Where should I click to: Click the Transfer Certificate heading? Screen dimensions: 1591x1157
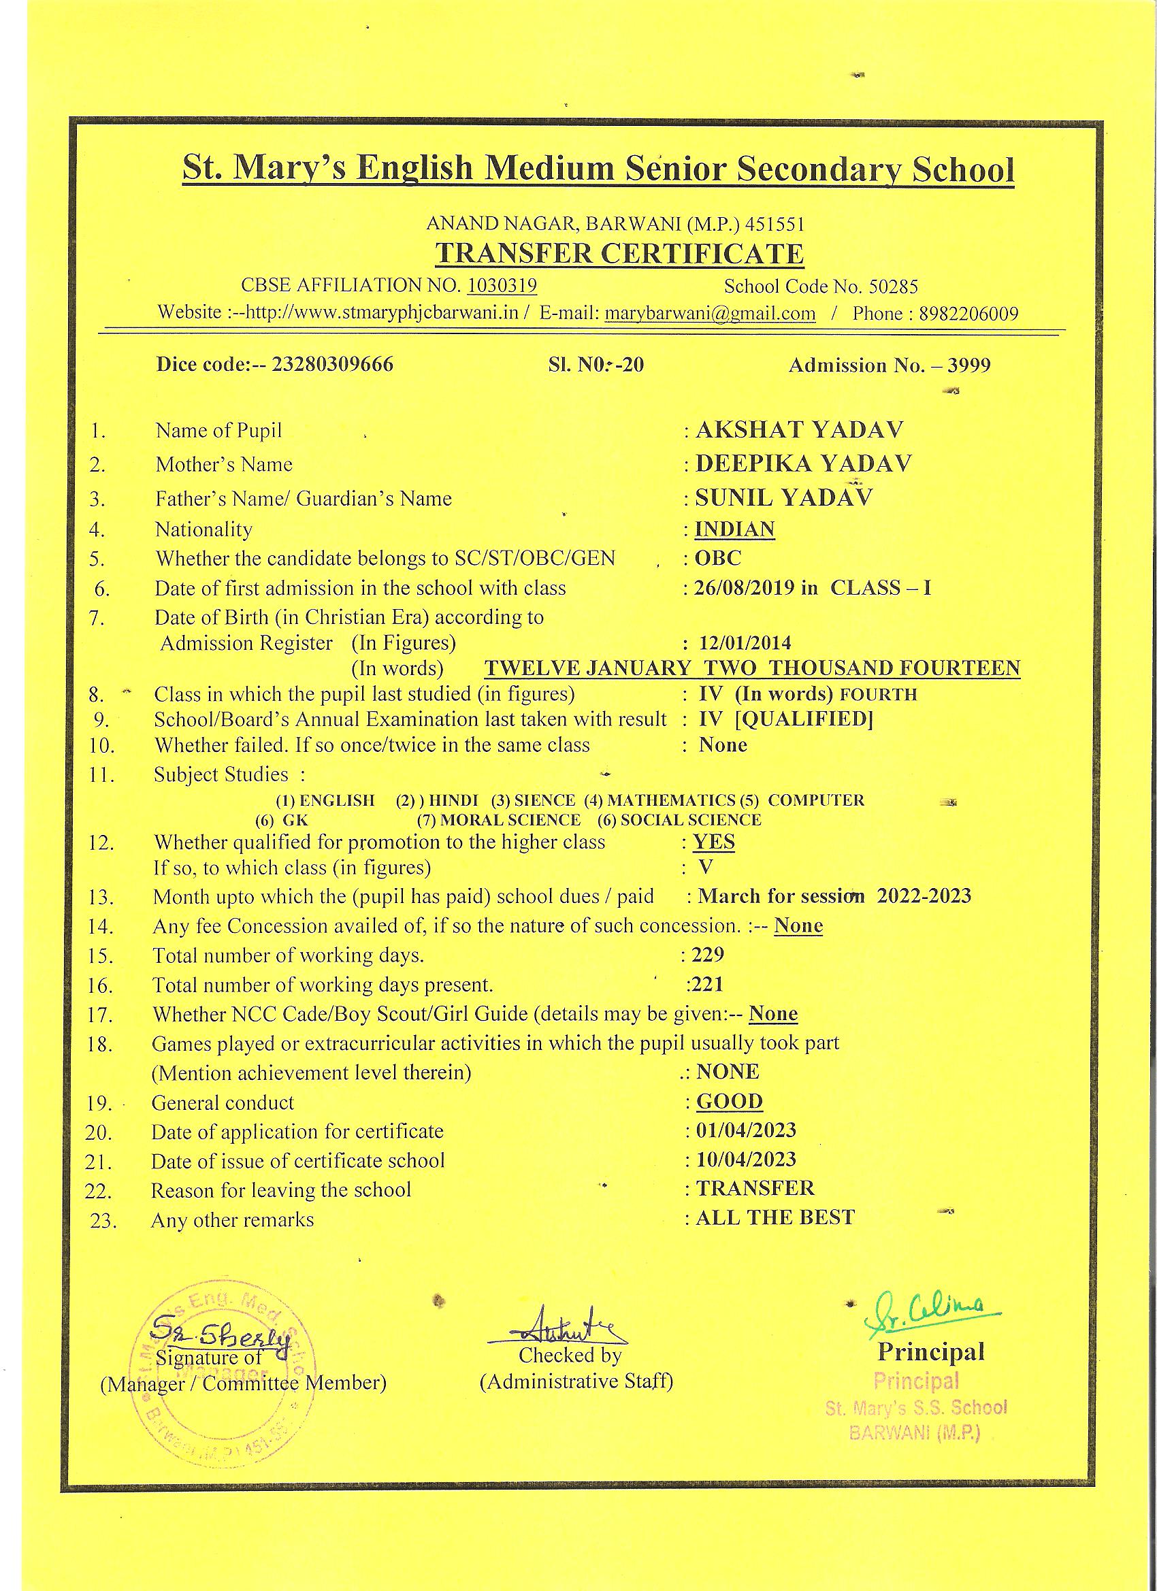coord(619,253)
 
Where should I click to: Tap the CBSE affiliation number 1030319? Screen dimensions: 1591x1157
coord(502,286)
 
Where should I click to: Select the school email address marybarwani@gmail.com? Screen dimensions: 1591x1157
coord(710,313)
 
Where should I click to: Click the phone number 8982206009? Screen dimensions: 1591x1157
coord(969,314)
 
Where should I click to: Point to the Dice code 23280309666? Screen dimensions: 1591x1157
coord(333,365)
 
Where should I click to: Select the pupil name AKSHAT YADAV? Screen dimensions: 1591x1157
coord(799,429)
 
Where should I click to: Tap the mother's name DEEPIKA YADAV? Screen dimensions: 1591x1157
coord(803,463)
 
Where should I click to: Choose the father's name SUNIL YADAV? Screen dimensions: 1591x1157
coord(784,497)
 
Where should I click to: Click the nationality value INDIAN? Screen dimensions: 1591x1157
coord(734,528)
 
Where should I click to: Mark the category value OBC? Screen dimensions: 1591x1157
coord(718,559)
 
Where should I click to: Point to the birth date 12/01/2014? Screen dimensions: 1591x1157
coord(745,642)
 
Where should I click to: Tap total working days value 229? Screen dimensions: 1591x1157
coord(707,955)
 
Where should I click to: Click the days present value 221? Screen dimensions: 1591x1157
coord(707,984)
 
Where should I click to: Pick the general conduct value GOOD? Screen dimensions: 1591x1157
coord(730,1101)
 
